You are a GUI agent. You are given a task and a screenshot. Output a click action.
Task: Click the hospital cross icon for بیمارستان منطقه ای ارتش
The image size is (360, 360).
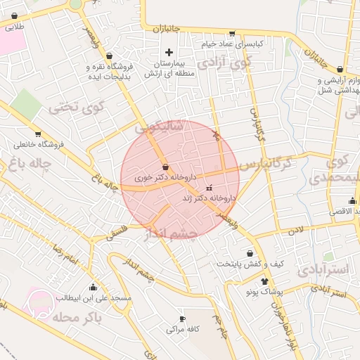pos(169,52)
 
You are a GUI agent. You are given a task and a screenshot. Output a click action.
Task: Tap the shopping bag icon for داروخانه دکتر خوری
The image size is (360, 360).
pos(165,167)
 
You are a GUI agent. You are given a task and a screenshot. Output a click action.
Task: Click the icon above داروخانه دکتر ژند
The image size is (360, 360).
pos(209,188)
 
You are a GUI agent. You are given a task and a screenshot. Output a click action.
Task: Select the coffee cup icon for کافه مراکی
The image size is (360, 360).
pos(183,319)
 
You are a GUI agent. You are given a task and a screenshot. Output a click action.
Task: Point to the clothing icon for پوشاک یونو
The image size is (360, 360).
pos(264,281)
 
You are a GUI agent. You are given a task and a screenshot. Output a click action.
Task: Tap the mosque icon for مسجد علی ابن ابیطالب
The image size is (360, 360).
pos(94,288)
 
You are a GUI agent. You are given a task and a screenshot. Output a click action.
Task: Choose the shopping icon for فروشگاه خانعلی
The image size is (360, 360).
pos(37,134)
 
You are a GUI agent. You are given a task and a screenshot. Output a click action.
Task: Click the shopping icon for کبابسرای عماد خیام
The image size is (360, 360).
pos(231,34)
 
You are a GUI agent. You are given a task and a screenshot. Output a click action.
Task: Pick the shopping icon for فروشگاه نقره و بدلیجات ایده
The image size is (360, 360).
pos(109,56)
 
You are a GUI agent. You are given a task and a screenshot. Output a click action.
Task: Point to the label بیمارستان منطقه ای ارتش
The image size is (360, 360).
pos(169,68)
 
